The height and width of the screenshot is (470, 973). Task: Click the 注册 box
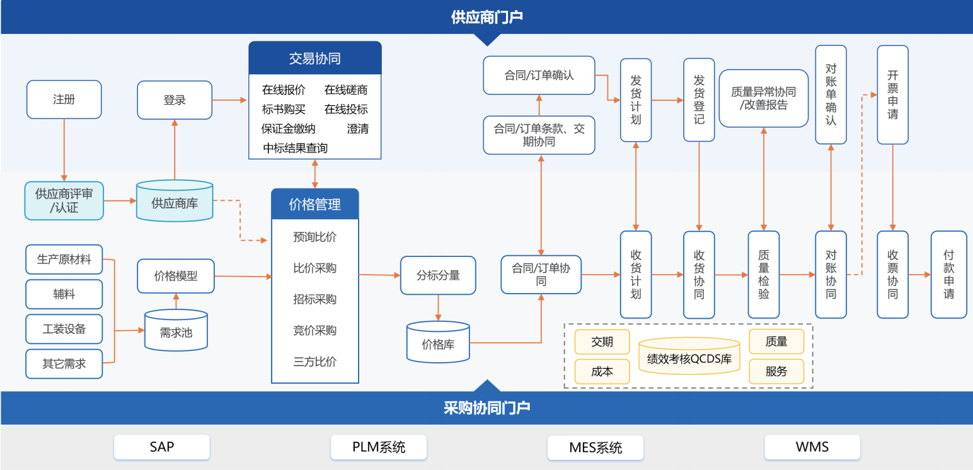(x=64, y=100)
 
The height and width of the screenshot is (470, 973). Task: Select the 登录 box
(x=175, y=100)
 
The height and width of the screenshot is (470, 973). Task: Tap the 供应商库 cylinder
(x=175, y=202)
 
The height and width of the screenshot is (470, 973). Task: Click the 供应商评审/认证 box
(x=64, y=201)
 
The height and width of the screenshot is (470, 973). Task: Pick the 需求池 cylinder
(x=176, y=331)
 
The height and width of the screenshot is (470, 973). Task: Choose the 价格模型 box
(x=176, y=276)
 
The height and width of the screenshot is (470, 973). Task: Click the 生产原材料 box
(x=64, y=260)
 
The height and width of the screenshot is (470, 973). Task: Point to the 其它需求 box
(x=64, y=364)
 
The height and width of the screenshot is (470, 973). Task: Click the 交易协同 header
(x=315, y=59)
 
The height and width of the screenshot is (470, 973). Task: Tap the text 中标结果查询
(x=296, y=148)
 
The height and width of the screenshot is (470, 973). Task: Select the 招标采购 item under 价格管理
(x=315, y=299)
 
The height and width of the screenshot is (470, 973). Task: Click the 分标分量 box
(x=438, y=275)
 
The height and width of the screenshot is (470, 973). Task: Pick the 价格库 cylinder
(x=438, y=344)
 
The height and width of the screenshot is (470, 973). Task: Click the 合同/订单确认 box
(x=539, y=76)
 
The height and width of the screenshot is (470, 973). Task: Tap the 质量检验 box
(x=764, y=274)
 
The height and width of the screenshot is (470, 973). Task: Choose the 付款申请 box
(x=948, y=274)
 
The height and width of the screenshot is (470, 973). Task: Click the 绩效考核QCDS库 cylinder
(x=689, y=358)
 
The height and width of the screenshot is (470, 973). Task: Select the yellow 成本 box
(x=602, y=372)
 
